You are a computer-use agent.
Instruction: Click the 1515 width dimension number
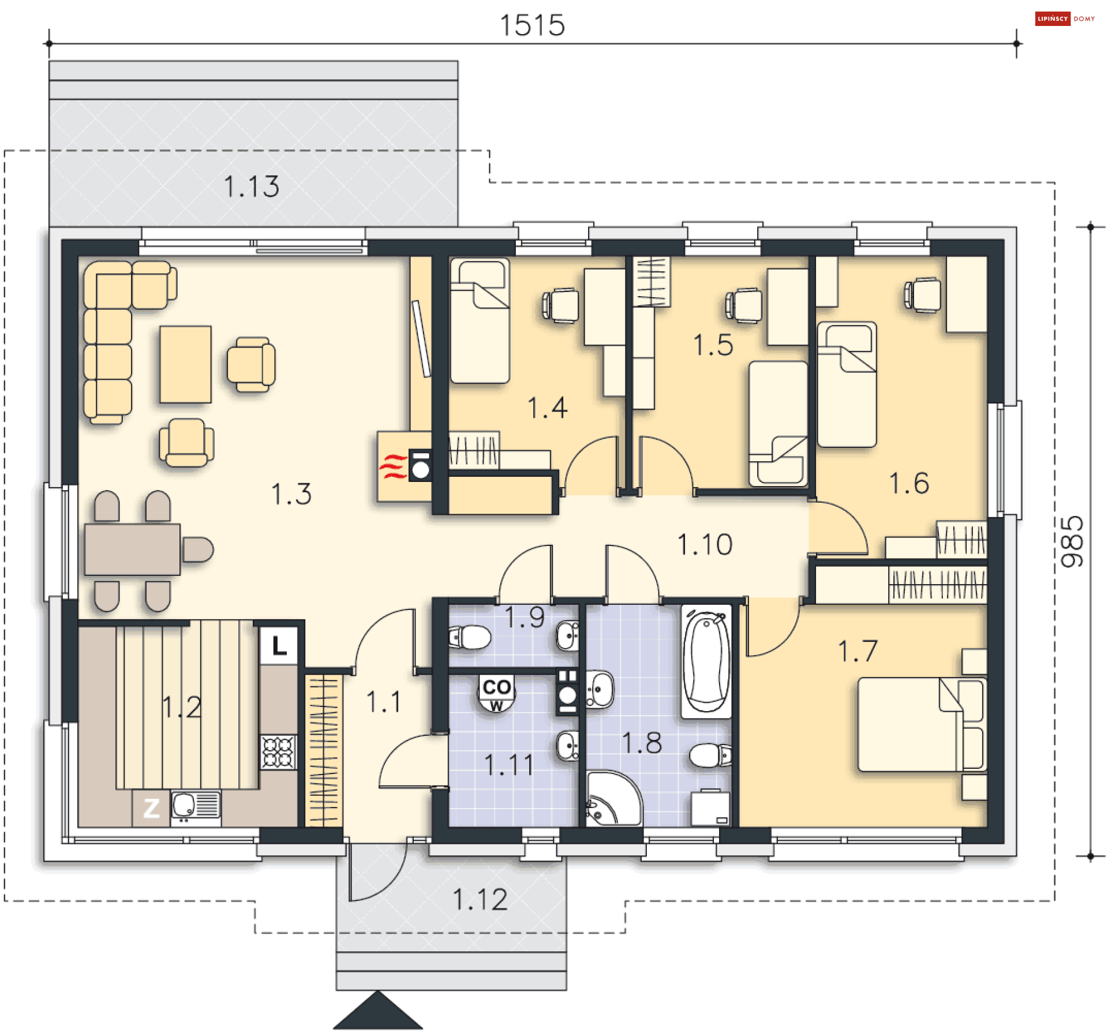click(531, 25)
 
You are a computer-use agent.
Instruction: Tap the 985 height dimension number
click(1072, 541)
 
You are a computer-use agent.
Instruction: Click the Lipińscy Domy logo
click(1064, 18)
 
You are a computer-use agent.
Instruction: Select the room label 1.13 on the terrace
click(251, 187)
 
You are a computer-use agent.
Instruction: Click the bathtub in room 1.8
click(706, 660)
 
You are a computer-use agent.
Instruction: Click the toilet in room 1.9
click(470, 637)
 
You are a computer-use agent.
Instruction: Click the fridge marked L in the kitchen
click(279, 645)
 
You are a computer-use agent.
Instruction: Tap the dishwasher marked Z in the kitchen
click(151, 808)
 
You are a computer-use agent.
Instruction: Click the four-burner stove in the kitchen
click(278, 751)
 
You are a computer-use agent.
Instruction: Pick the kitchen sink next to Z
click(196, 806)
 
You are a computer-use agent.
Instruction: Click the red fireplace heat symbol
click(392, 466)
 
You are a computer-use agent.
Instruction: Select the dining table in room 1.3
click(132, 549)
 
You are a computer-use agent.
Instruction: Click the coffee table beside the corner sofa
click(185, 364)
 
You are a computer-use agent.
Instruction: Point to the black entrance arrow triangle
click(377, 1012)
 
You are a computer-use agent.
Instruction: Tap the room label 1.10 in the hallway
click(705, 545)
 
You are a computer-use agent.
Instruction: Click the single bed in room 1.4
click(480, 320)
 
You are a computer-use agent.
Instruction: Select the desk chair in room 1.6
click(923, 295)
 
